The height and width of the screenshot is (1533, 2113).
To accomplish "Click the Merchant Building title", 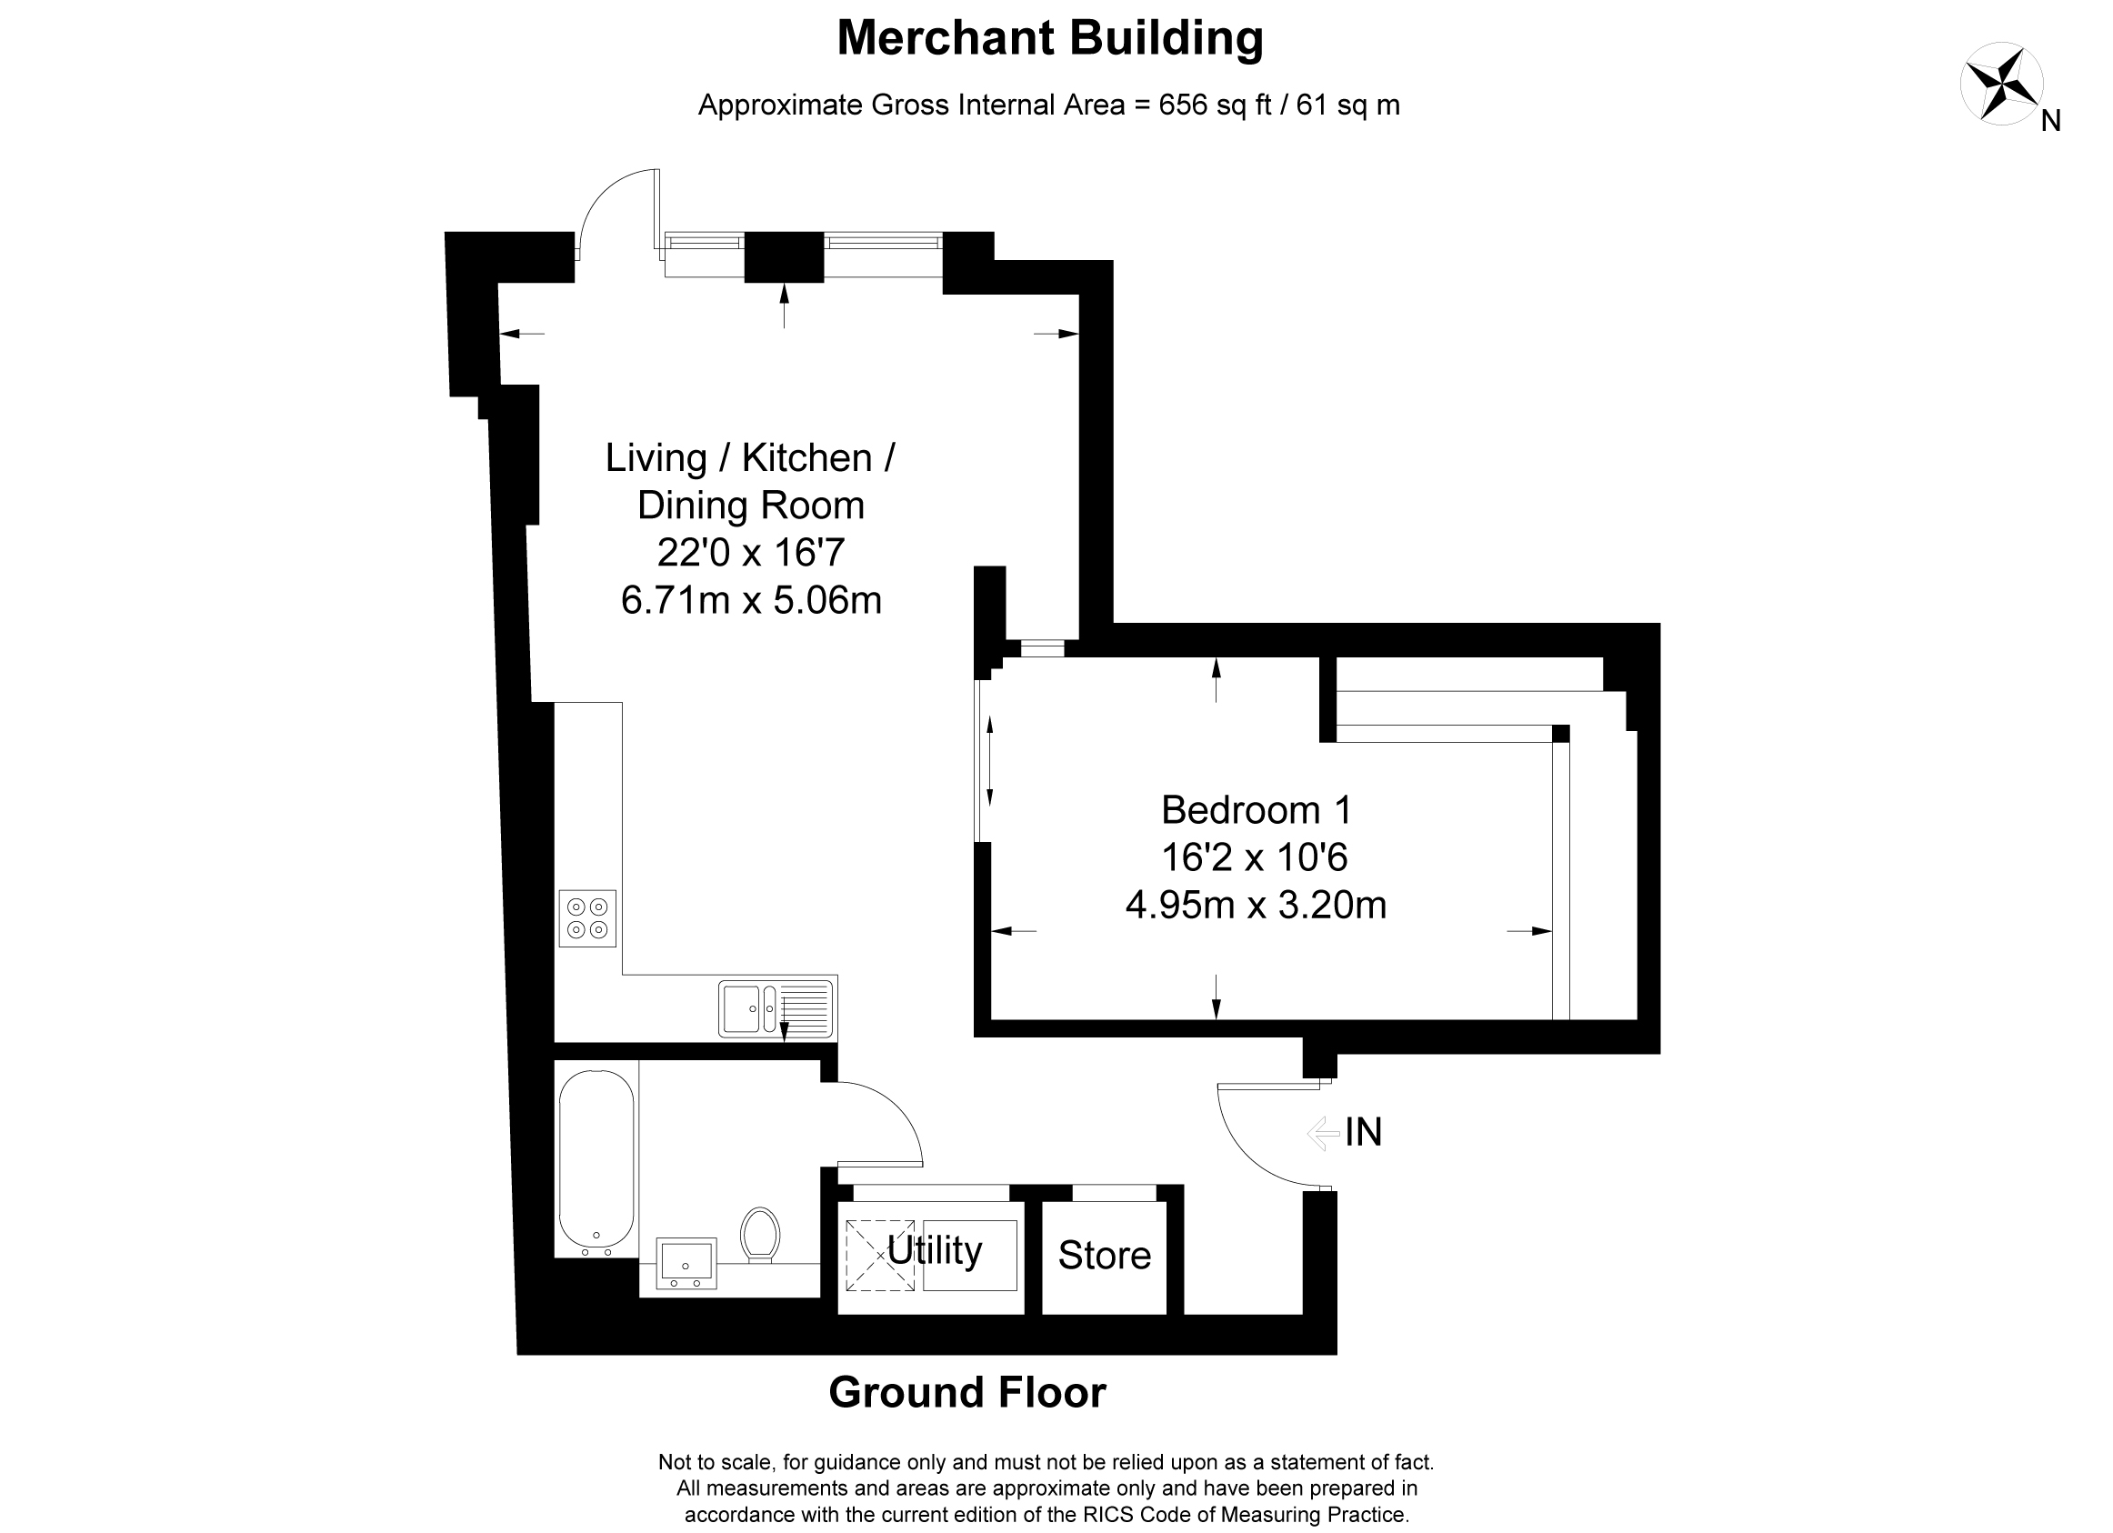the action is [x=1050, y=39].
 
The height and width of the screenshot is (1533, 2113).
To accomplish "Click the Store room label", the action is [x=1104, y=1256].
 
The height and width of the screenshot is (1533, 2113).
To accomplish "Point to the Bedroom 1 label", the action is [x=1256, y=810].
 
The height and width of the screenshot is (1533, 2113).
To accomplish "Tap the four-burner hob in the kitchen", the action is [x=587, y=918].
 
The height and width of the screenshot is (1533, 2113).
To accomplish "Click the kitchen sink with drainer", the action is [x=776, y=1009].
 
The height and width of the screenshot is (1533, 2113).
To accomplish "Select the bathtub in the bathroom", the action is [x=596, y=1158].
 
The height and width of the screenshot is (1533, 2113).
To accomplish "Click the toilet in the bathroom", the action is [x=760, y=1235].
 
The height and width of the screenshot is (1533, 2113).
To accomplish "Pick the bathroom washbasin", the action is [x=686, y=1263].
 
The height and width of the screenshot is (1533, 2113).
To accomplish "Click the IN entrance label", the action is [x=1363, y=1132].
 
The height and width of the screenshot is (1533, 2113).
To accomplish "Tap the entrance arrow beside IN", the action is [x=1323, y=1133].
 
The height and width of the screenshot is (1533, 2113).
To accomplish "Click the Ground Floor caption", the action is [x=967, y=1392].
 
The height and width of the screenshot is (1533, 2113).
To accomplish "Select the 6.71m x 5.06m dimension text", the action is [x=751, y=600].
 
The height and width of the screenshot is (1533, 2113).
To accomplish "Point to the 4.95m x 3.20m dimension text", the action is [x=1256, y=905].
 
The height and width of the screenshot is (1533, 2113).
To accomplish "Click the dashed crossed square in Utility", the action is [x=879, y=1256].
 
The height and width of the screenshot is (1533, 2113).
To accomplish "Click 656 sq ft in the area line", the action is [x=1215, y=105].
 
